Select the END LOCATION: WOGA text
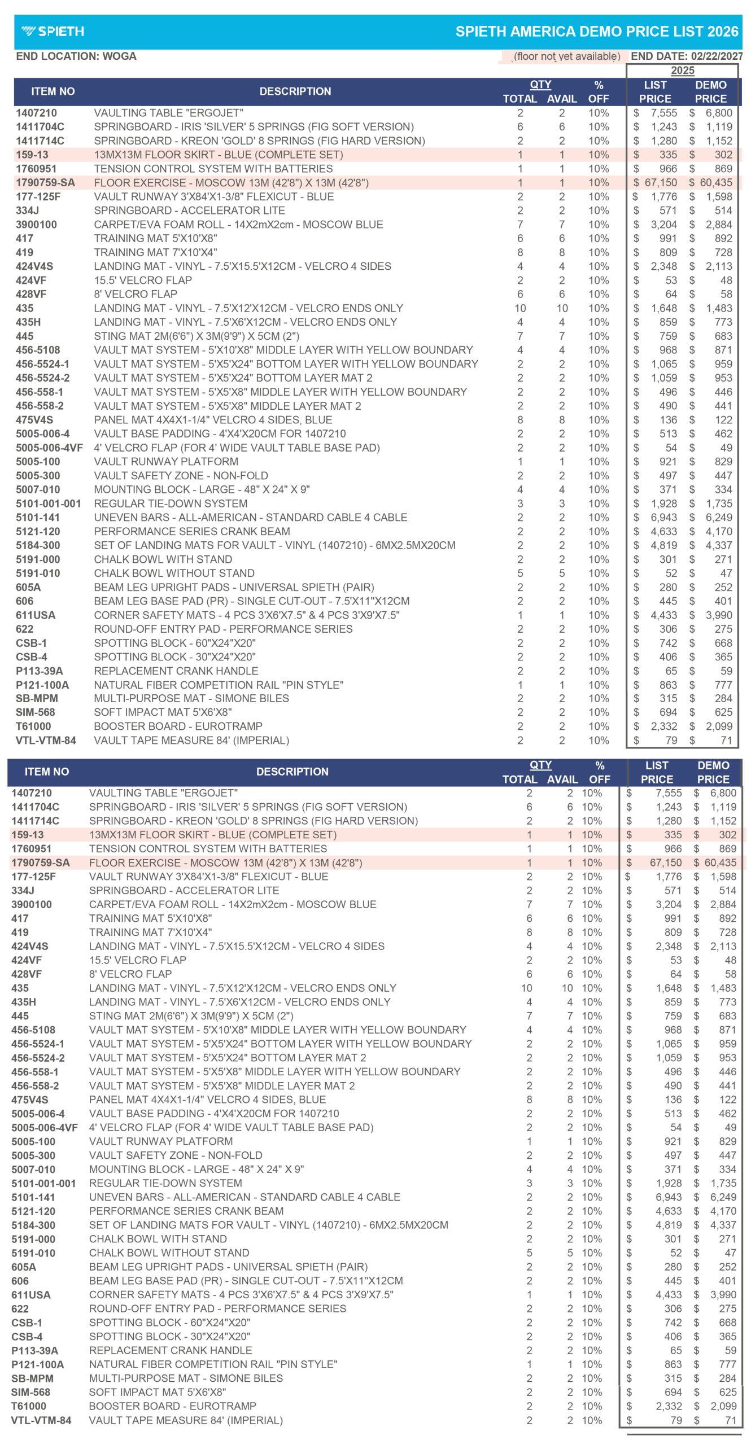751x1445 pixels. click(x=76, y=56)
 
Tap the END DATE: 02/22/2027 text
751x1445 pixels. click(x=686, y=56)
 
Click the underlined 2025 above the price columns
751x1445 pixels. click(x=682, y=71)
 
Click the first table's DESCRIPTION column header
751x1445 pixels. click(x=295, y=91)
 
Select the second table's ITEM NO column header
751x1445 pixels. click(x=46, y=772)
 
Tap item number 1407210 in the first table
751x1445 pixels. click(x=36, y=113)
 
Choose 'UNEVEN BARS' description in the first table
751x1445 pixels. click(x=250, y=517)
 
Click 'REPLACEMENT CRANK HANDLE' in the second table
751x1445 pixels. click(x=171, y=1350)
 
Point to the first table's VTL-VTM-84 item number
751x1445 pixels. click(x=46, y=740)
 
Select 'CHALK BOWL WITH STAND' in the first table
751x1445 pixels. click(x=163, y=559)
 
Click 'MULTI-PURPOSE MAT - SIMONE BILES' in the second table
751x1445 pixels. click(x=186, y=1378)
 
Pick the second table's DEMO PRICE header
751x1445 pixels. click(x=713, y=772)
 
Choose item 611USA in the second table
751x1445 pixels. click(x=31, y=1295)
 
